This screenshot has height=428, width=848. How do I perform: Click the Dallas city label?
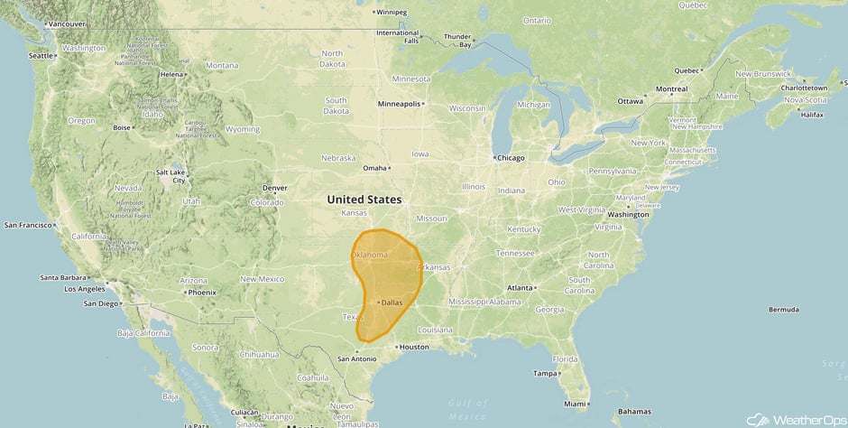coord(392,302)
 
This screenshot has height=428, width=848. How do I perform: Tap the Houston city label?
coord(414,347)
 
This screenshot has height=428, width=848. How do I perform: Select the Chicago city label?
coord(510,158)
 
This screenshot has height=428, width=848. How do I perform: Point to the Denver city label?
coord(274,188)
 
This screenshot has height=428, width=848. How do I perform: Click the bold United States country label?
coord(364,199)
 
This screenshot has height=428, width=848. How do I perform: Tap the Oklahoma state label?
coord(370,256)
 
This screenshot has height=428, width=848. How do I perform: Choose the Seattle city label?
coord(41,55)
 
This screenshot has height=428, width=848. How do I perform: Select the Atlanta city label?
coord(519,288)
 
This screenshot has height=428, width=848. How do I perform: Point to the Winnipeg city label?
coord(392,13)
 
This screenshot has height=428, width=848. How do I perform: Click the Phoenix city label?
coord(201,293)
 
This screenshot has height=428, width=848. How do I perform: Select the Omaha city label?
coord(373,168)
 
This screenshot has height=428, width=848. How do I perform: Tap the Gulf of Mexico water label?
coord(467,409)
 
